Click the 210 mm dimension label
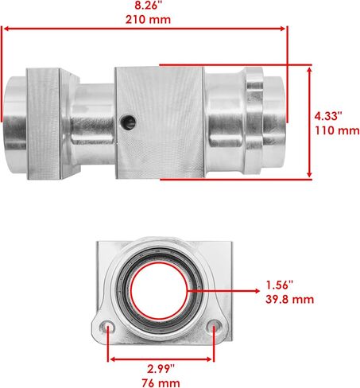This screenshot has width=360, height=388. [x=148, y=20]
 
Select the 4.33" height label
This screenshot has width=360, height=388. [x=328, y=116]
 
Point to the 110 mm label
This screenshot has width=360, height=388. [x=337, y=130]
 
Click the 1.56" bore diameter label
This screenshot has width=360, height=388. [x=280, y=285]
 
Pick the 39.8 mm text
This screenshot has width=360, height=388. [x=290, y=300]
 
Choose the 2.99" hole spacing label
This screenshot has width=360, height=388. [x=161, y=369]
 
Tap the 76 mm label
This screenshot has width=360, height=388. [x=161, y=383]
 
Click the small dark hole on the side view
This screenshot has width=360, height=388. [x=128, y=122]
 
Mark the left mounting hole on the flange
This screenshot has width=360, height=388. [x=107, y=328]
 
